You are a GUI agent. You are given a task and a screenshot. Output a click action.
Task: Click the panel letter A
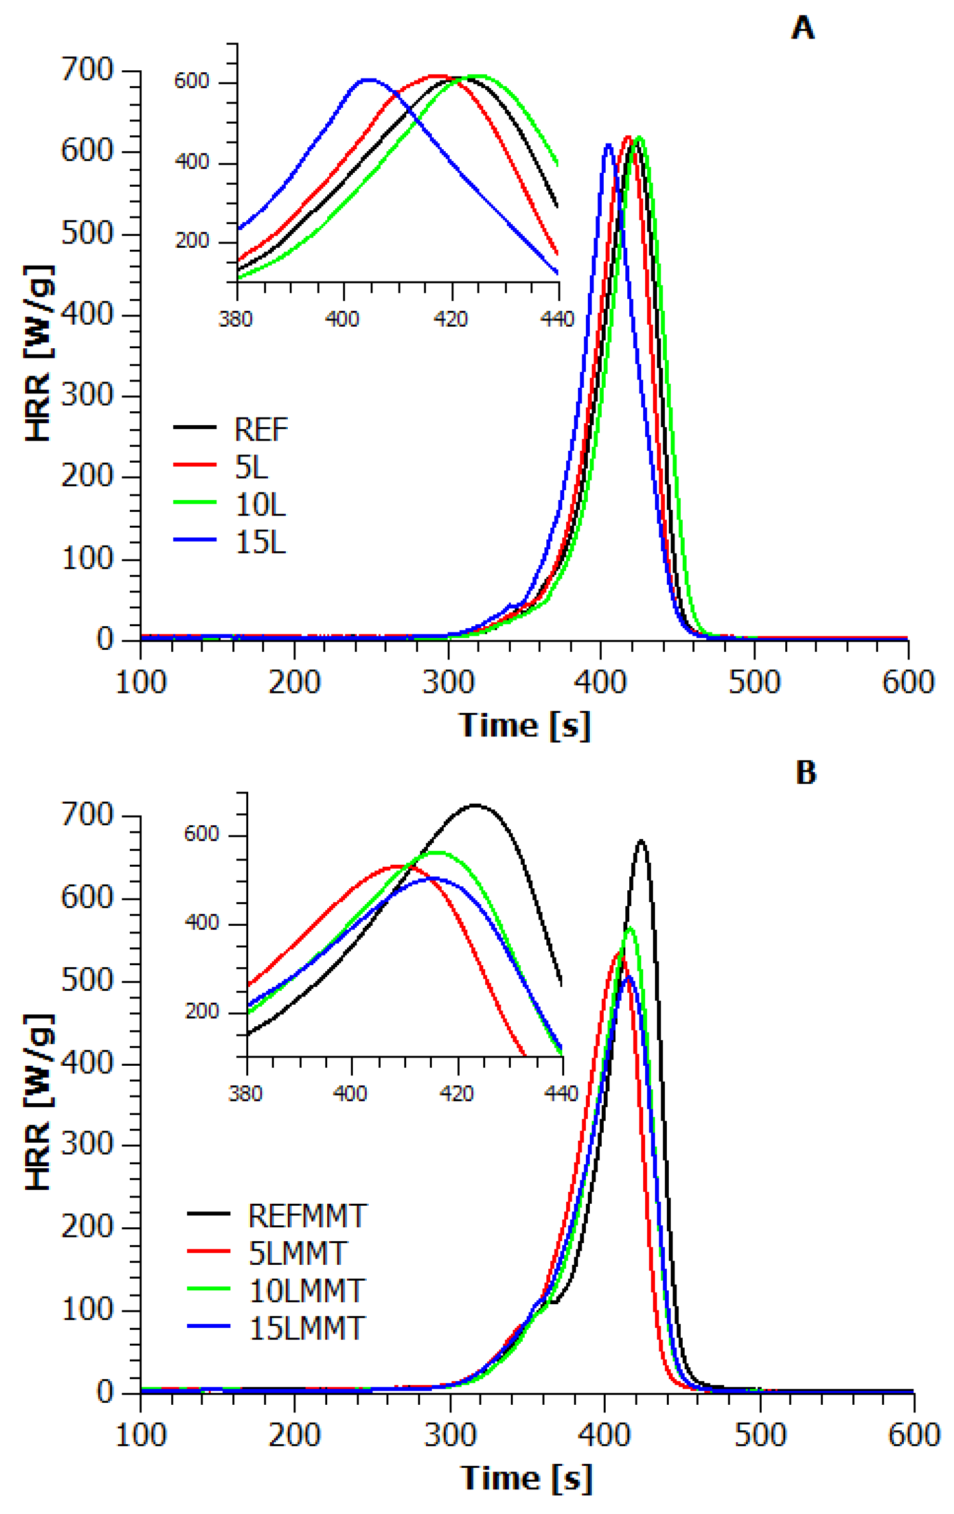tap(803, 28)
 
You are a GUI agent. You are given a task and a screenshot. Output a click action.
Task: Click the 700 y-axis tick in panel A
tap(87, 69)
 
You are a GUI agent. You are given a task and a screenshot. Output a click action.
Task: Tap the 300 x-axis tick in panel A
tap(448, 682)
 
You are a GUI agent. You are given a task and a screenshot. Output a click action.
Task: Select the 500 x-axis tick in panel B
tap(760, 1436)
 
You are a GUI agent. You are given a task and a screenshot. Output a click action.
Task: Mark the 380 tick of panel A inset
tap(236, 320)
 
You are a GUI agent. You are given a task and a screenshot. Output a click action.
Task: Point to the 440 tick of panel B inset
tap(561, 1093)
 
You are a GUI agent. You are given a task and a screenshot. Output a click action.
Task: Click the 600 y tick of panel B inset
tap(201, 834)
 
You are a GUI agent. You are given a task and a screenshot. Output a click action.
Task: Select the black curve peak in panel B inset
tap(475, 805)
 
